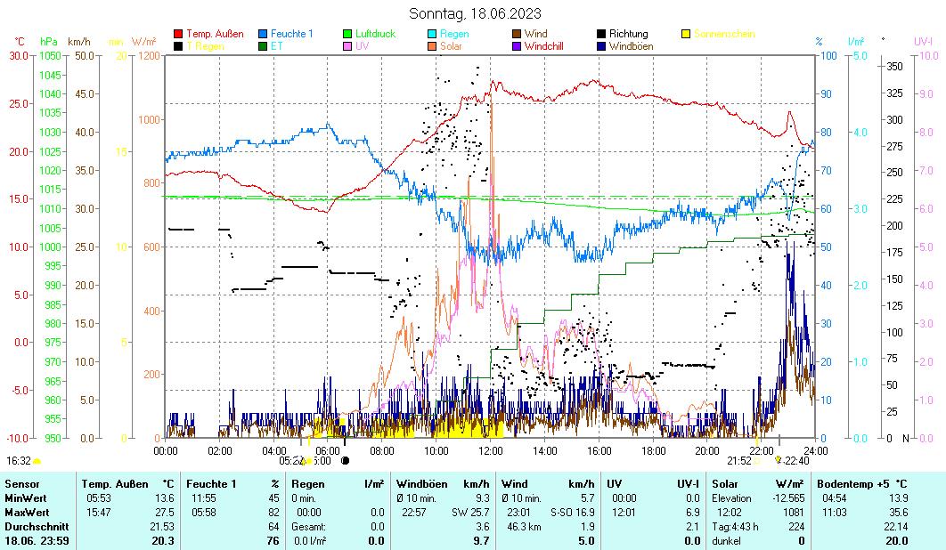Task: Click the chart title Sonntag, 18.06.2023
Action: point(474,13)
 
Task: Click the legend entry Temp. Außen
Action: point(214,34)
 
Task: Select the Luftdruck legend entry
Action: point(375,34)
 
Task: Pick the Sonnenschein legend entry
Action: point(724,34)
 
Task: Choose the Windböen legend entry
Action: point(629,45)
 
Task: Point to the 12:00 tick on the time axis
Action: point(491,450)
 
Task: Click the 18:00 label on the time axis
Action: point(653,450)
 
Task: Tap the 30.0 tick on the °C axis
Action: point(19,55)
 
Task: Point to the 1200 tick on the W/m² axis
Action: point(148,55)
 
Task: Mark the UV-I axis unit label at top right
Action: point(923,41)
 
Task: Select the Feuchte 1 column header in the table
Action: point(211,483)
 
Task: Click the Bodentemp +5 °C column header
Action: point(862,483)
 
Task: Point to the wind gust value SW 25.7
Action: point(470,512)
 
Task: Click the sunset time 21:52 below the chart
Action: point(739,460)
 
